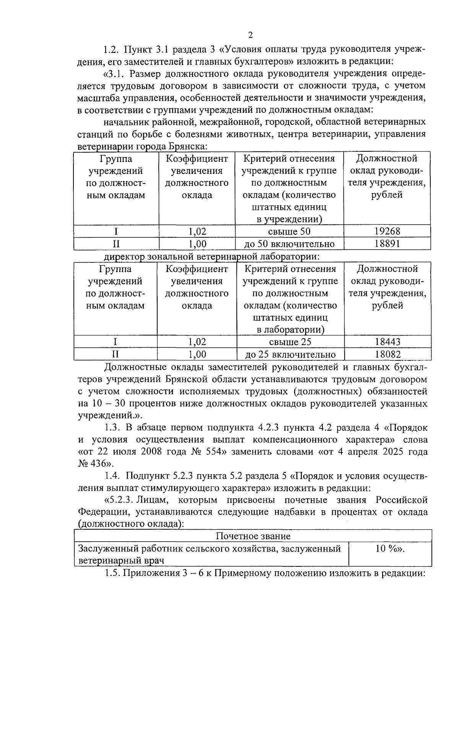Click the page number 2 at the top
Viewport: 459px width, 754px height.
(x=251, y=36)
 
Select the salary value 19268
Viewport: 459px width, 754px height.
(x=387, y=231)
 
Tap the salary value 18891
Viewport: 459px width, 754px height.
(x=387, y=244)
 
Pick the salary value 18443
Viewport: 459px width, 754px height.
(x=387, y=342)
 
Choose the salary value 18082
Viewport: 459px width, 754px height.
(x=387, y=354)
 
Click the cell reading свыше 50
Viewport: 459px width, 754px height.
(x=289, y=231)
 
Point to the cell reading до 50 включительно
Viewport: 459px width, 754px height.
(x=290, y=244)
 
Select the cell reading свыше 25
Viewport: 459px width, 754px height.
(x=290, y=342)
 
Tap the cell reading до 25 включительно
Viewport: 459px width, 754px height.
(x=290, y=354)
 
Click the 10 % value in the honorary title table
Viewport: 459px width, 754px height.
(x=389, y=549)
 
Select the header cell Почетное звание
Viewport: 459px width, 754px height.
(x=253, y=536)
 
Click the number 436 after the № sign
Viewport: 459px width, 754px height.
(x=100, y=464)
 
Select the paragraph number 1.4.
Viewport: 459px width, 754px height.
(x=113, y=476)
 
